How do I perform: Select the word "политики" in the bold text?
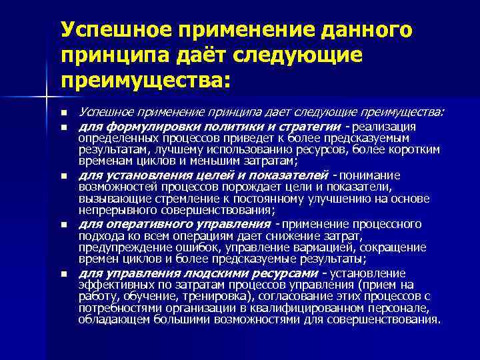click(214, 127)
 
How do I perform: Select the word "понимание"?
click(369, 175)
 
